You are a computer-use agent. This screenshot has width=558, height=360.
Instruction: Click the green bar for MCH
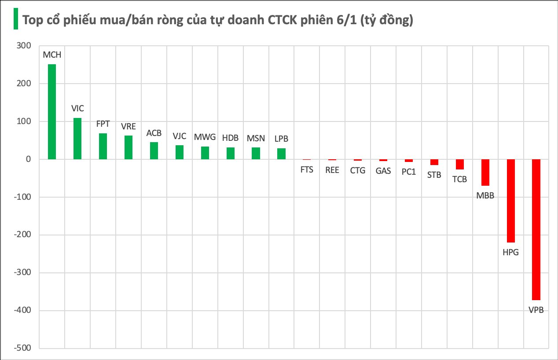click(52, 112)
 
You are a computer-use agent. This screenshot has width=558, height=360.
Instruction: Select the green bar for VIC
click(77, 139)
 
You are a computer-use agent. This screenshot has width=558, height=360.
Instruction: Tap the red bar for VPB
click(536, 229)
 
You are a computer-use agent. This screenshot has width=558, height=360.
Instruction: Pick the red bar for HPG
click(510, 201)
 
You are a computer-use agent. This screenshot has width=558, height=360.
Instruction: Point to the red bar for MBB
click(485, 173)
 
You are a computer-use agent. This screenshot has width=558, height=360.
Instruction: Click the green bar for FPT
click(103, 147)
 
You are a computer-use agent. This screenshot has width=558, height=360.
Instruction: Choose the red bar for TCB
click(459, 164)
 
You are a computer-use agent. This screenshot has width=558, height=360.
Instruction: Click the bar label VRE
click(128, 126)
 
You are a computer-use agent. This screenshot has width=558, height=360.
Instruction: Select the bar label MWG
click(205, 137)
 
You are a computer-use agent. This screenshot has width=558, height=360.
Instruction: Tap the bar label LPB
click(281, 139)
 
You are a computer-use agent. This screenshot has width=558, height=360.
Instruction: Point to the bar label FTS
click(307, 169)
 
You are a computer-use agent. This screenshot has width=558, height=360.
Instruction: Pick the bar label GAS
click(383, 171)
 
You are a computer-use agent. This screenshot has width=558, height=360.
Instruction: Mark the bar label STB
click(434, 175)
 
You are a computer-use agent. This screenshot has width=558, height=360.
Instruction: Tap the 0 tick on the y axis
click(29, 159)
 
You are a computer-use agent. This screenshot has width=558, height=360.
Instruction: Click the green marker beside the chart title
click(16, 19)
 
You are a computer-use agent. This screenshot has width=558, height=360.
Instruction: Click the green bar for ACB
click(154, 151)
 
